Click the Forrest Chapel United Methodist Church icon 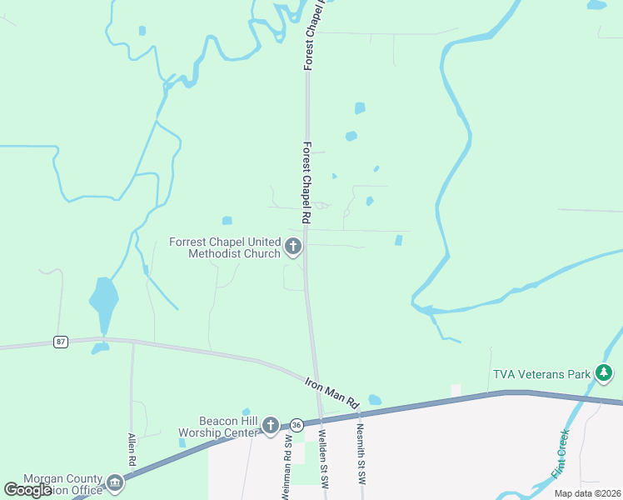click(292, 247)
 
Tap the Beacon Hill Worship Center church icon click(270, 427)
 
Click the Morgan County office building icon click(114, 482)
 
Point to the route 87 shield click(60, 342)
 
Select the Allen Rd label click(132, 451)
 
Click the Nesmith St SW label click(361, 455)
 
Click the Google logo click(27, 490)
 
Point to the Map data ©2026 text click(587, 493)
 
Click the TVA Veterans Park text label click(541, 374)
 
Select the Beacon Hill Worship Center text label click(220, 427)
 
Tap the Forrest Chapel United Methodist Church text click(225, 247)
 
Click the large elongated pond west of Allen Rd click(103, 303)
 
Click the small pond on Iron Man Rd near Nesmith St click(375, 400)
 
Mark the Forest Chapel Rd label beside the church click(307, 182)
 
